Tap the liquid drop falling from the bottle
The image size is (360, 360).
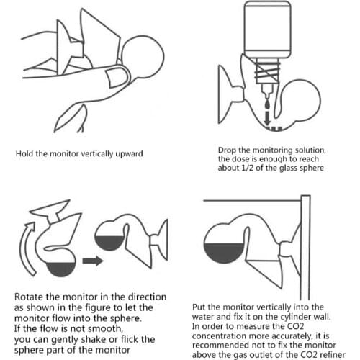(267, 104)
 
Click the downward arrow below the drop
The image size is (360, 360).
(267, 117)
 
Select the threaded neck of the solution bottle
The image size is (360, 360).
(268, 71)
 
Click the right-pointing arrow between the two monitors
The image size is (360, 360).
(93, 261)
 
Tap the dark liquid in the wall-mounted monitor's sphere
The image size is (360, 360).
(224, 252)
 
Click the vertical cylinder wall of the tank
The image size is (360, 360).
(305, 247)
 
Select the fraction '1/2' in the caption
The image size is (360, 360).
(247, 168)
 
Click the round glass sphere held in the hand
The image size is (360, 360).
(143, 57)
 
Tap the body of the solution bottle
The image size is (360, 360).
(268, 30)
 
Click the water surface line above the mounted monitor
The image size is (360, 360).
(252, 200)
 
